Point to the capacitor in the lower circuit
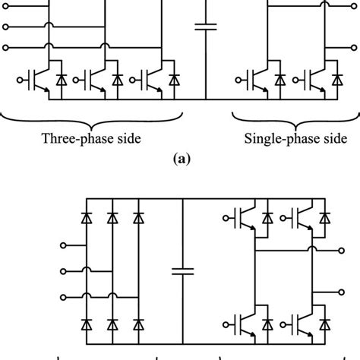(183, 270)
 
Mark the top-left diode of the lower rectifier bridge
(86, 219)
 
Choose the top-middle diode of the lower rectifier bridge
(112, 219)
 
